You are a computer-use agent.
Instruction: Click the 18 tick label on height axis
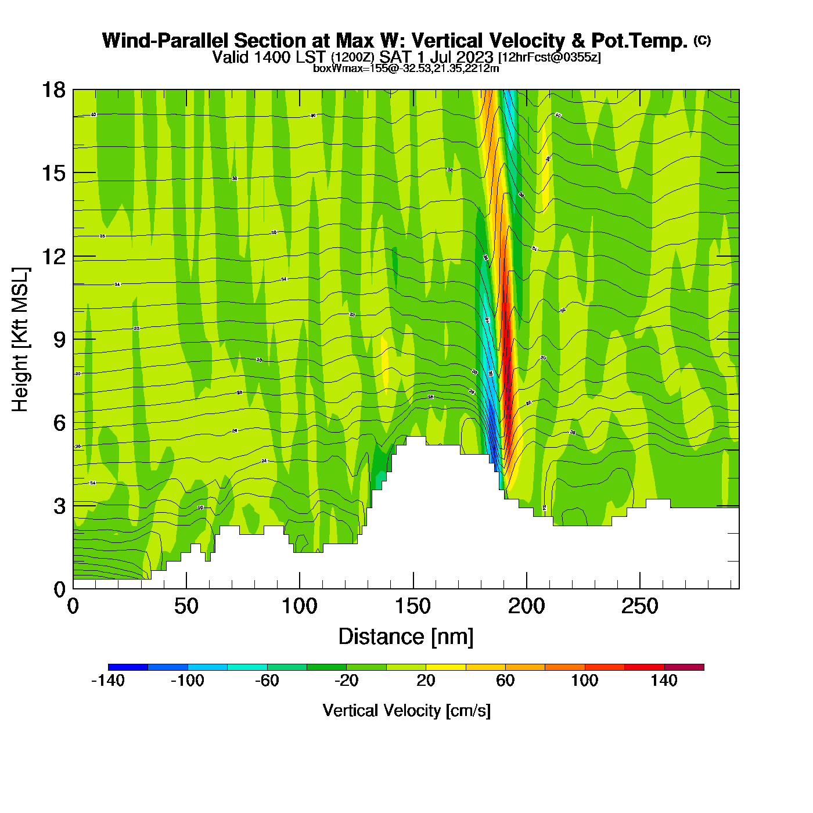click(53, 90)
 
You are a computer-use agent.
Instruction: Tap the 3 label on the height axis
click(59, 506)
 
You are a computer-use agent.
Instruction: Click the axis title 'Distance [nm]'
click(406, 637)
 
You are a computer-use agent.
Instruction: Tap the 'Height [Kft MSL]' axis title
click(21, 340)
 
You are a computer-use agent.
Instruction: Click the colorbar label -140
click(108, 681)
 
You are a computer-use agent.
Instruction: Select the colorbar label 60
click(505, 681)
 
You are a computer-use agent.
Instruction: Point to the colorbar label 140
click(664, 681)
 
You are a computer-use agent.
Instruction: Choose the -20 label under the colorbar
click(346, 681)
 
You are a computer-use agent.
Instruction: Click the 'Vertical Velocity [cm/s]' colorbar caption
click(406, 710)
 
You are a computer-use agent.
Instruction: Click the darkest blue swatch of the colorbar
click(128, 667)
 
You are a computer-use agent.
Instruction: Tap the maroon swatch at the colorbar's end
click(684, 667)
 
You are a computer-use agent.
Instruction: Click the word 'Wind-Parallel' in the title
click(167, 41)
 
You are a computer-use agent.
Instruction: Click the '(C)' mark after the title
click(702, 40)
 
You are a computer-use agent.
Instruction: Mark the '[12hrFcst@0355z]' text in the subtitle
click(549, 57)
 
